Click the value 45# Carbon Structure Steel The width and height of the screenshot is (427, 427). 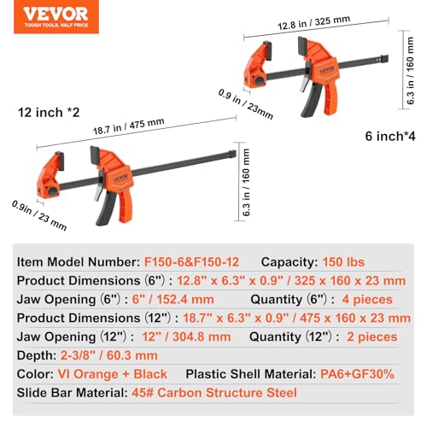[212, 393]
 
